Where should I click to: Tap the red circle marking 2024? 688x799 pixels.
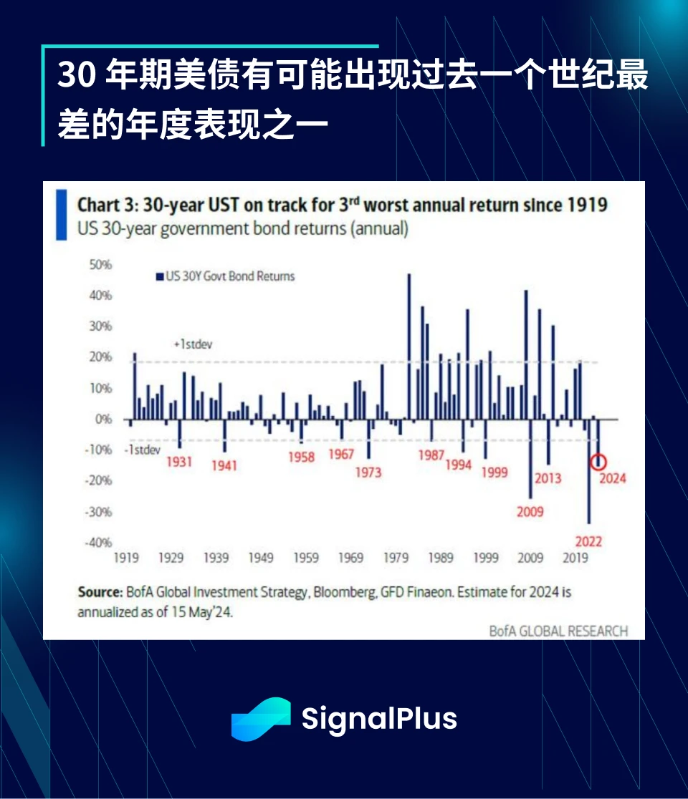coord(598,463)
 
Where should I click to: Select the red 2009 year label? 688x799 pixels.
coord(530,512)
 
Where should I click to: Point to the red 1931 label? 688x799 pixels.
coord(179,462)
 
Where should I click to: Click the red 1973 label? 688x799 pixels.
coord(368,473)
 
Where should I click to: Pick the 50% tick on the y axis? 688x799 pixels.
coord(101,265)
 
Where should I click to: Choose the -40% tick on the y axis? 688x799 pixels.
coord(100,543)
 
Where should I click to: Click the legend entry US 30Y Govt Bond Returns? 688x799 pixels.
coord(225,276)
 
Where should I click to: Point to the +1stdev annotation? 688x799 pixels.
coord(193,344)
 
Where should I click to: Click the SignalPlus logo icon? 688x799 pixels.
coord(260,718)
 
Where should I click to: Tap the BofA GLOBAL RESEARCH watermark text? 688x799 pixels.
coord(558,631)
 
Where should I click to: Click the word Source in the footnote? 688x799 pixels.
coord(100,593)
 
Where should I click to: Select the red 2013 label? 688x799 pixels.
coord(548,478)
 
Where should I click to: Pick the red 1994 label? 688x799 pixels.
coord(458,465)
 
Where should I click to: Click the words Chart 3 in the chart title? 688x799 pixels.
coord(107,205)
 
